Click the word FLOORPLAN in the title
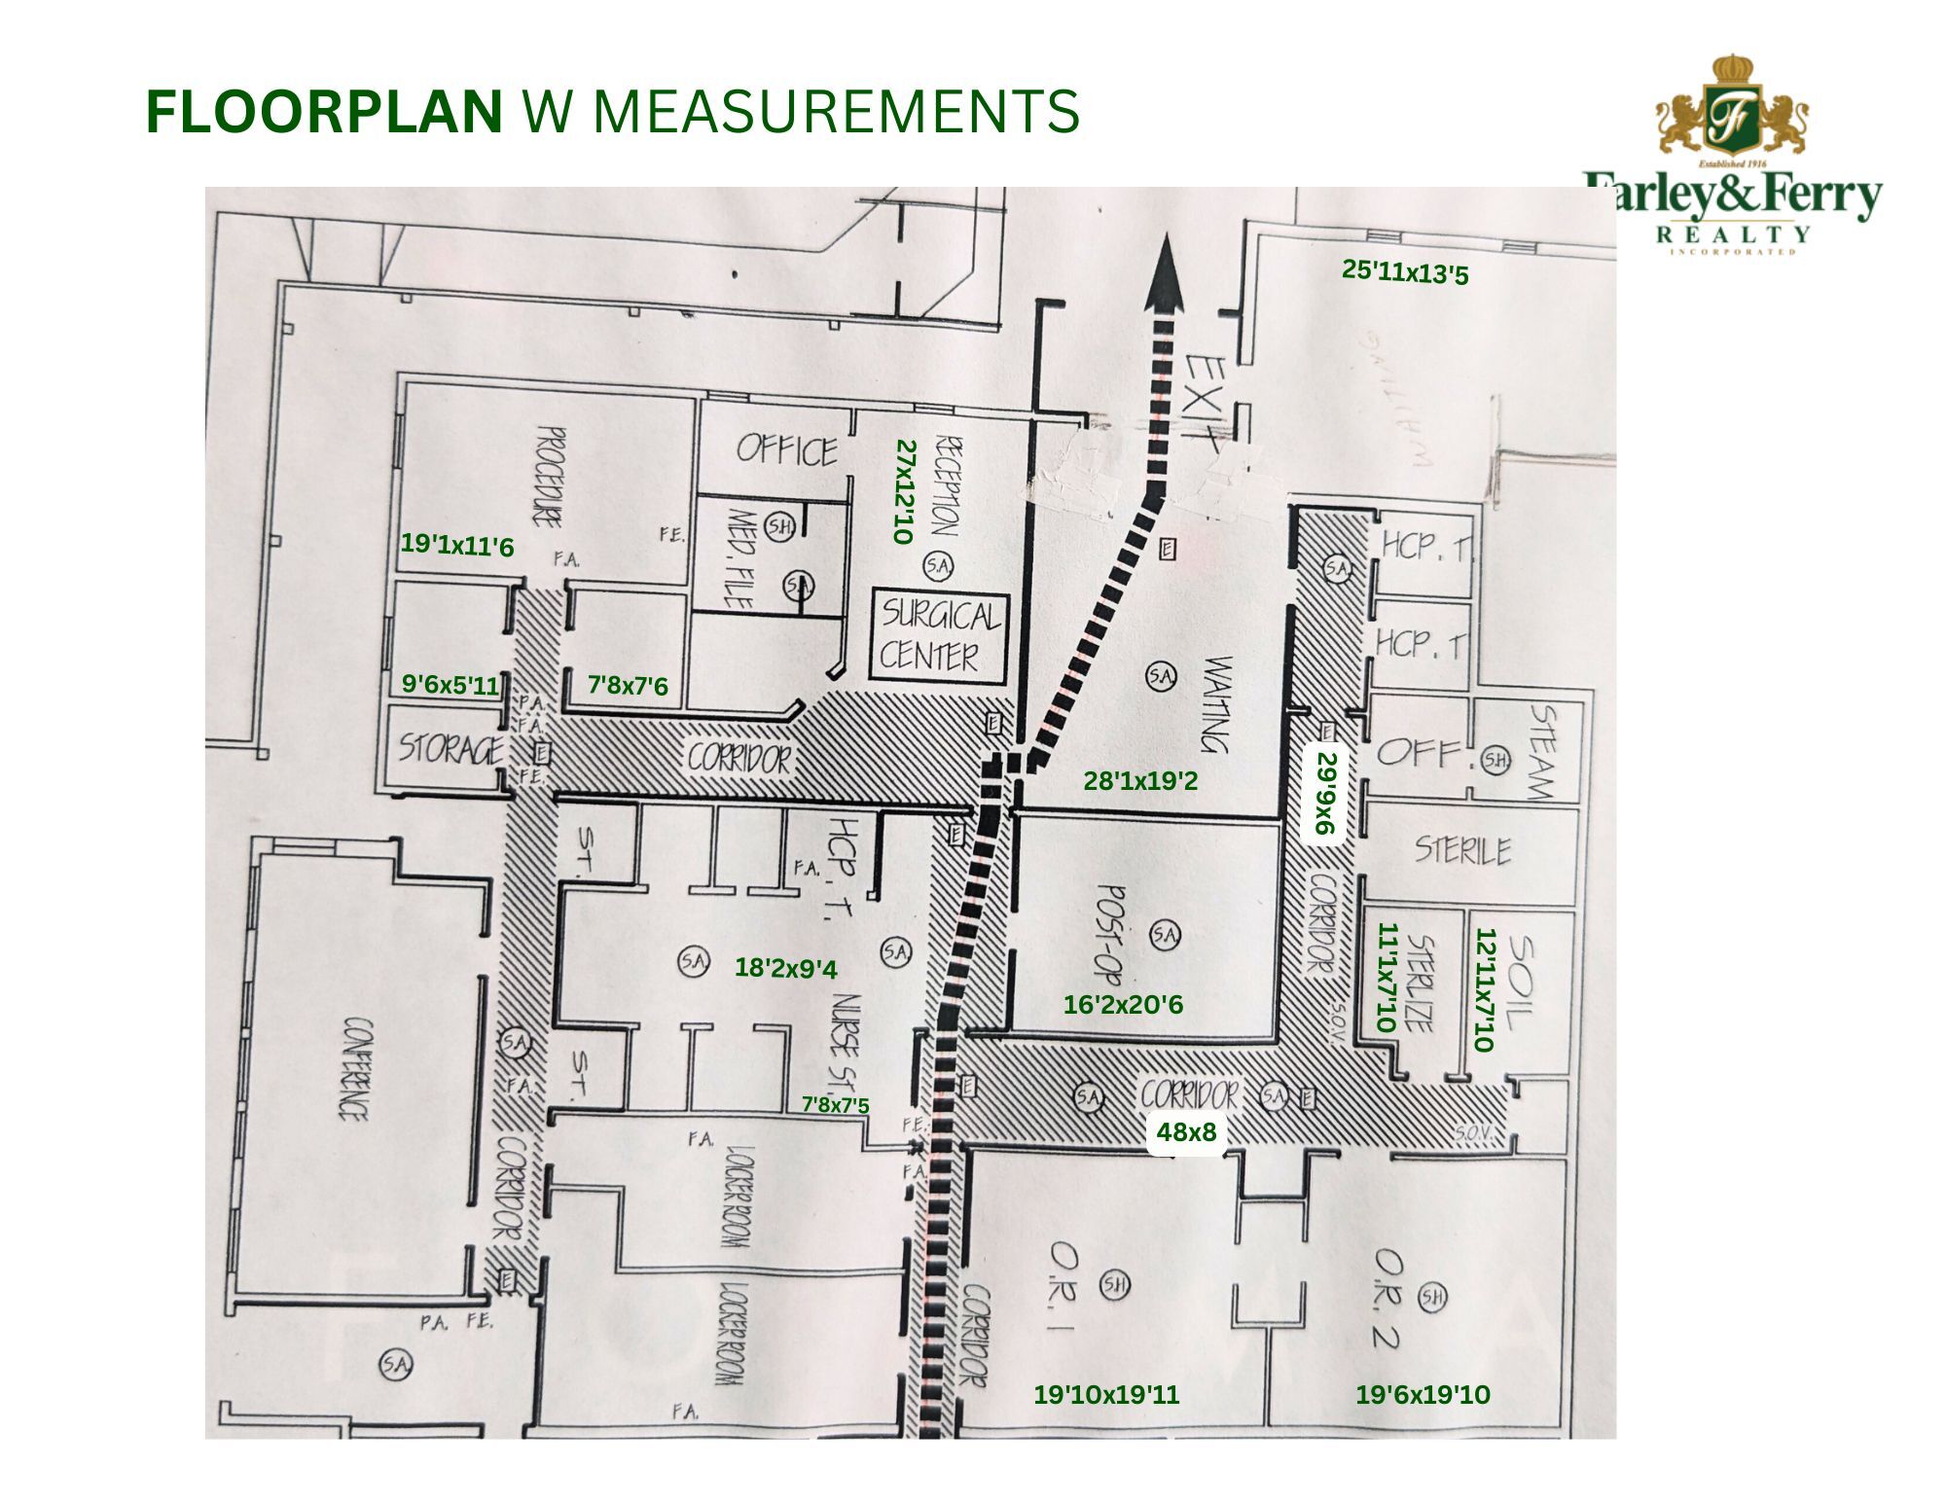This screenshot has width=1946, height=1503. [x=323, y=112]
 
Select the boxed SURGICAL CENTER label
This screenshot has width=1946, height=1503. [x=939, y=635]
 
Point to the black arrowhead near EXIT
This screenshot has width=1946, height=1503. [x=1164, y=276]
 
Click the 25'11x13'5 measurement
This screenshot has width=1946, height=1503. [x=1404, y=271]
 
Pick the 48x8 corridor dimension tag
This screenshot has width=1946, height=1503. [x=1186, y=1131]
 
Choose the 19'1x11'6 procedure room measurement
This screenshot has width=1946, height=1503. [x=456, y=546]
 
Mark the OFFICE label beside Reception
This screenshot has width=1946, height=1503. [x=786, y=450]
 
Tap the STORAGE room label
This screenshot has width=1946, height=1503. [x=450, y=749]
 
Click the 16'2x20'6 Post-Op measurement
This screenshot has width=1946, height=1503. [x=1123, y=1005]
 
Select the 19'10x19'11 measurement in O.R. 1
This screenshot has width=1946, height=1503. [x=1106, y=1394]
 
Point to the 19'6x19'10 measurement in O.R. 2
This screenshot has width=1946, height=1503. [x=1423, y=1394]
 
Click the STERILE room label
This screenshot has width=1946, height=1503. [x=1462, y=850]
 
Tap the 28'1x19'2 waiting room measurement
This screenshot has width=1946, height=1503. [x=1140, y=780]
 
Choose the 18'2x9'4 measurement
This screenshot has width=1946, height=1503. [x=785, y=968]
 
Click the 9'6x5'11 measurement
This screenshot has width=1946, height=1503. [x=450, y=685]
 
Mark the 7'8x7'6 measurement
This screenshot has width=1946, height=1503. [x=628, y=686]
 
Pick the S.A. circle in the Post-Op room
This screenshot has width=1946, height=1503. [x=1165, y=935]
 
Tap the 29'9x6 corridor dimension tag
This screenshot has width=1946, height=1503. [x=1326, y=793]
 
